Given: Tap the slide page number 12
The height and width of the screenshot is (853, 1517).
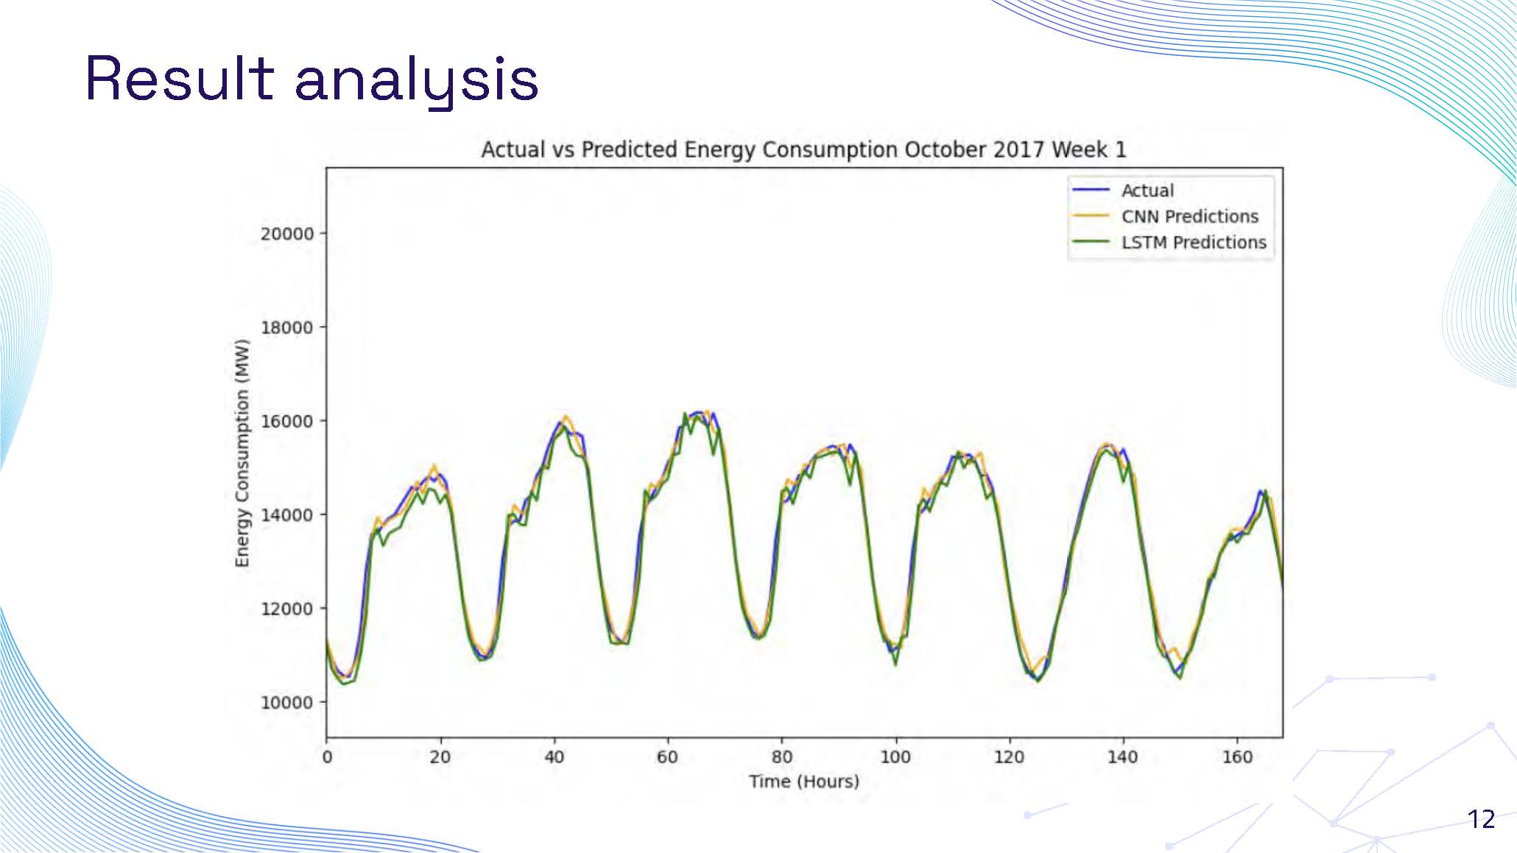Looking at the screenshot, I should tap(1481, 819).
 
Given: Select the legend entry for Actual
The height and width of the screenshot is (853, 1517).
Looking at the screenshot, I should tap(1147, 191).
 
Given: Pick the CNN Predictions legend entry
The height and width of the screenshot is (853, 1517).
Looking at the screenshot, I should tap(1189, 216).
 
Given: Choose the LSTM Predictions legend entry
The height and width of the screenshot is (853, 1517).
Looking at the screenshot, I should tap(1193, 242).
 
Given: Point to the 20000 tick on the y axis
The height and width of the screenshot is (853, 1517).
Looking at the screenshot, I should tap(286, 234).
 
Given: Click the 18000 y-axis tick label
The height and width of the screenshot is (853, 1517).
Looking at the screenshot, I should tap(286, 328).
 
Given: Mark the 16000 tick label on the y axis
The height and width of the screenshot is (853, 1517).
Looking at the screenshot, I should tap(286, 421).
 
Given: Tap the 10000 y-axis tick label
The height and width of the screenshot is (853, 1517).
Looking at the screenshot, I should tap(286, 702).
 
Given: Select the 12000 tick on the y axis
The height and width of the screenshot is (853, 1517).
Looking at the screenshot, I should tap(286, 609).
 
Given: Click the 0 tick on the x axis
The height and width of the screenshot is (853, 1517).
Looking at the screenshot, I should tap(327, 757).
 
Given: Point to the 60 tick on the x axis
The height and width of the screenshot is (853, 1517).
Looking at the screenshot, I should tap(667, 757).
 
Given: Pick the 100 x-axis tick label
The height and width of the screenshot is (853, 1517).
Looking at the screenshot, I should tap(895, 757).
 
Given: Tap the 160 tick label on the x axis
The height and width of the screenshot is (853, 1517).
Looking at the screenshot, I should tap(1236, 757).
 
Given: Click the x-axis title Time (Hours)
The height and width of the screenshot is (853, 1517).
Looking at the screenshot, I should tap(804, 781).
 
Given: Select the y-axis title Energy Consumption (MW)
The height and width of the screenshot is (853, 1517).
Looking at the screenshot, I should tap(242, 453).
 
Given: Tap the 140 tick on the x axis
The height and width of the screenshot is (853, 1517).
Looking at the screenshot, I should tap(1122, 757).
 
